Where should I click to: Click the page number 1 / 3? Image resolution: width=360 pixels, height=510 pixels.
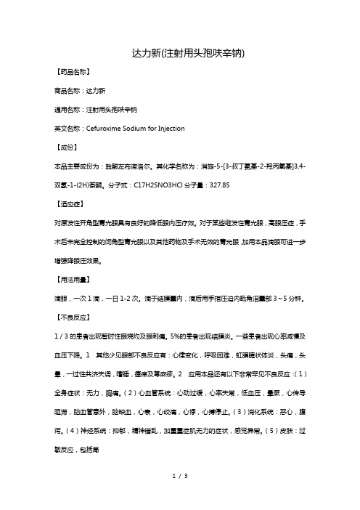(180, 496)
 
